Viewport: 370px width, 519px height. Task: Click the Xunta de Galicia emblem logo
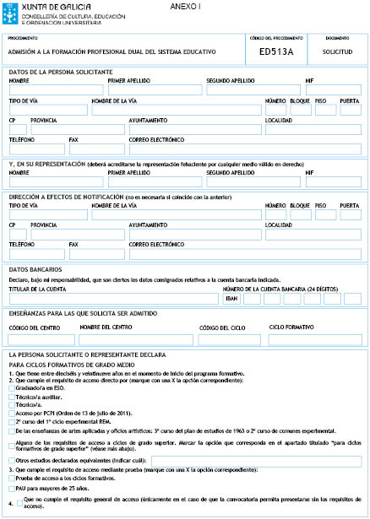8,11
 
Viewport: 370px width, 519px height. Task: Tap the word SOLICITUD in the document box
337,51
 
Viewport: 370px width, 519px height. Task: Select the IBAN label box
231,298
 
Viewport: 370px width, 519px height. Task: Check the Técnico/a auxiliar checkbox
11,397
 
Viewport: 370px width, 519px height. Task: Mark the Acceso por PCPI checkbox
11,412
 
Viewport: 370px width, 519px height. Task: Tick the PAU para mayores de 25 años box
11,489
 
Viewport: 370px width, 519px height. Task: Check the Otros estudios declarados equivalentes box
11,460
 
